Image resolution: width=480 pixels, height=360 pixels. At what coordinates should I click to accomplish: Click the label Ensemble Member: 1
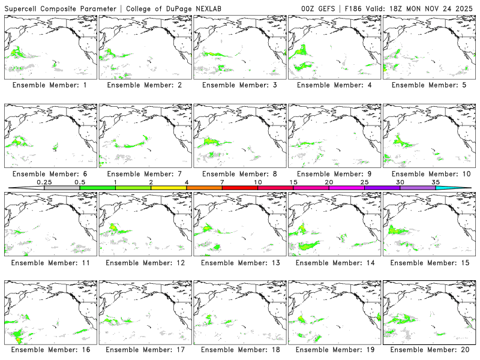pyautogui.click(x=49, y=85)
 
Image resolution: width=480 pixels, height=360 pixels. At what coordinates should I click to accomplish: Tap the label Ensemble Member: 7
pyautogui.click(x=143, y=174)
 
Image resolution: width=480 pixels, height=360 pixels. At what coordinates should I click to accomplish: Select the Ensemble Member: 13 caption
pyautogui.click(x=238, y=262)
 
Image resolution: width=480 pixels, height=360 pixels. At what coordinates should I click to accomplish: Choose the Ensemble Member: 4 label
pyautogui.click(x=332, y=85)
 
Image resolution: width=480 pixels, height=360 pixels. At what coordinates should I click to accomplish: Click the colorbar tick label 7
pyautogui.click(x=222, y=181)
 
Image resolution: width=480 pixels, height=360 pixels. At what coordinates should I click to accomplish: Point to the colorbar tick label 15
pyautogui.click(x=293, y=181)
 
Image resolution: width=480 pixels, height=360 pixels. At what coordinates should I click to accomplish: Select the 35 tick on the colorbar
pyautogui.click(x=436, y=181)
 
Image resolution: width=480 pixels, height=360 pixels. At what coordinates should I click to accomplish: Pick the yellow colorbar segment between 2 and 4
pyautogui.click(x=169, y=188)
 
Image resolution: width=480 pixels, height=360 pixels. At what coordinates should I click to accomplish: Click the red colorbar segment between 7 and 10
pyautogui.click(x=240, y=188)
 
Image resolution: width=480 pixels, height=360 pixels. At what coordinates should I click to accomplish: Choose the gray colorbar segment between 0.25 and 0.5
pyautogui.click(x=62, y=188)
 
